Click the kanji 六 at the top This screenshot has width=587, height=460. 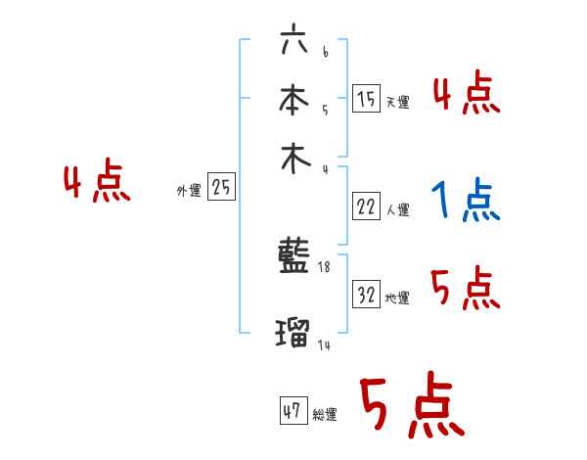[x=293, y=41]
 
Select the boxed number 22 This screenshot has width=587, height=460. [x=367, y=207]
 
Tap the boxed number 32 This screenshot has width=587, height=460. [x=367, y=295]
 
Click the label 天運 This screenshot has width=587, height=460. [x=398, y=102]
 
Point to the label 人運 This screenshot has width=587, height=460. [x=398, y=209]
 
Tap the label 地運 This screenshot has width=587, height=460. [x=398, y=299]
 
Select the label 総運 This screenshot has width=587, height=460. [x=325, y=415]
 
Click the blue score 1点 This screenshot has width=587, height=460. [x=465, y=201]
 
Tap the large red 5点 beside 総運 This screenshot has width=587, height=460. [x=411, y=407]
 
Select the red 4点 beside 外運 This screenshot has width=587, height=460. [x=96, y=183]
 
